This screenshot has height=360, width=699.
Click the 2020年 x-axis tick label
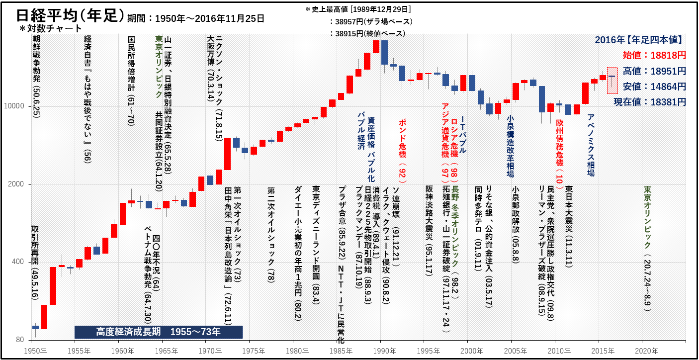click(642, 351)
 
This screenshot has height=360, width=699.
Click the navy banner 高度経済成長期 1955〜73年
click(158, 332)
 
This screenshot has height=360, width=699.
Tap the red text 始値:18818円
click(654, 55)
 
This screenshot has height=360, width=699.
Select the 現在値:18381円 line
click(649, 102)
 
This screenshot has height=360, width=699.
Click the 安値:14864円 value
click(654, 87)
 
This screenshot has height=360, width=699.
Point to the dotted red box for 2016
click(612, 81)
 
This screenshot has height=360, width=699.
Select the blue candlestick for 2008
click(541, 99)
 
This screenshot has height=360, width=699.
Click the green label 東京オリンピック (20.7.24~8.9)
click(647, 249)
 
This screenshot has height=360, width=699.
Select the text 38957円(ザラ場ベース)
click(371, 22)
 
